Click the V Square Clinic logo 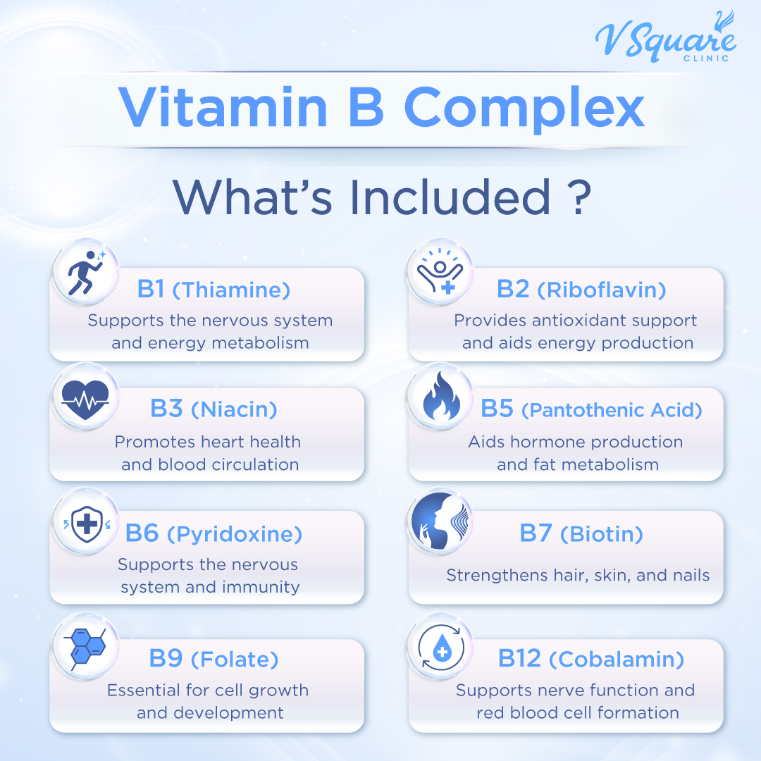coord(665,39)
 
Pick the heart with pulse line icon coord(85,400)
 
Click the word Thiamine coord(231,290)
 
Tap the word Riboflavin coord(601,290)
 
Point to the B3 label coord(167,409)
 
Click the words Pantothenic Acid coord(612,410)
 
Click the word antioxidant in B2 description coord(554,321)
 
